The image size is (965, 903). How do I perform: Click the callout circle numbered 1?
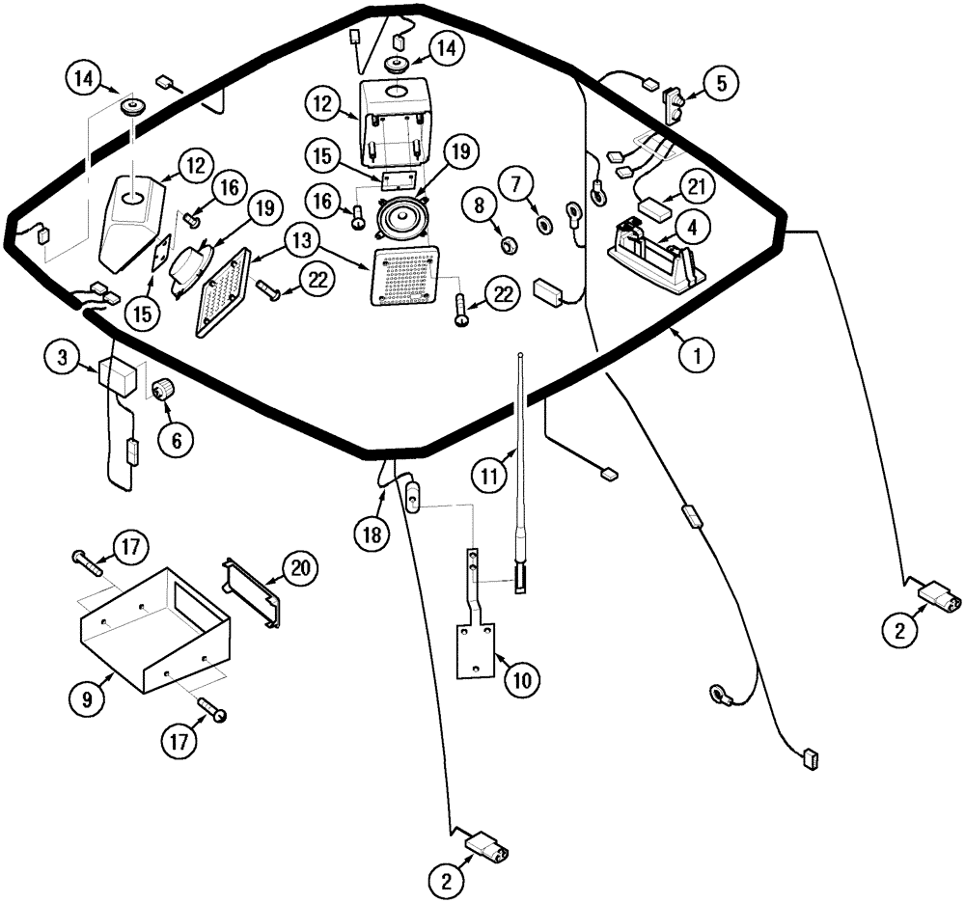(x=695, y=354)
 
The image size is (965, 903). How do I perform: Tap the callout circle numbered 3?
(x=62, y=358)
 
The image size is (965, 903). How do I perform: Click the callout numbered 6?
(x=177, y=439)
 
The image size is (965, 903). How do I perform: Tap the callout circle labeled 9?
(x=87, y=700)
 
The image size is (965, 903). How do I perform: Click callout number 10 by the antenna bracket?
(x=521, y=680)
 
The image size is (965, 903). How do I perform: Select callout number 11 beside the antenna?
(x=490, y=474)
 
